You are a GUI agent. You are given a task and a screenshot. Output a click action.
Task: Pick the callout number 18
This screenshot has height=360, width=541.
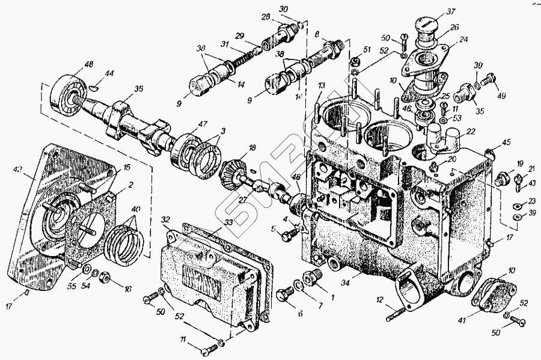252,148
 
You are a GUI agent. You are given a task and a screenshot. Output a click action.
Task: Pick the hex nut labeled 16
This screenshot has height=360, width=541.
103,277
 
